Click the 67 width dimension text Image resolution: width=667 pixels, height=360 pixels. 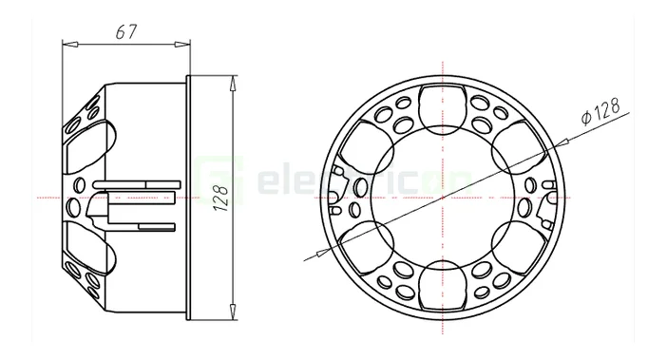point(124,30)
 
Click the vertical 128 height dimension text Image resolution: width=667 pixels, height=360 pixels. point(219,198)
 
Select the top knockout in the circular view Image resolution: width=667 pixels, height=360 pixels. point(443,105)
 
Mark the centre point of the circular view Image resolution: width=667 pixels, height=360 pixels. point(443,197)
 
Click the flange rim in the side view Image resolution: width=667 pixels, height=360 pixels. point(190,198)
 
